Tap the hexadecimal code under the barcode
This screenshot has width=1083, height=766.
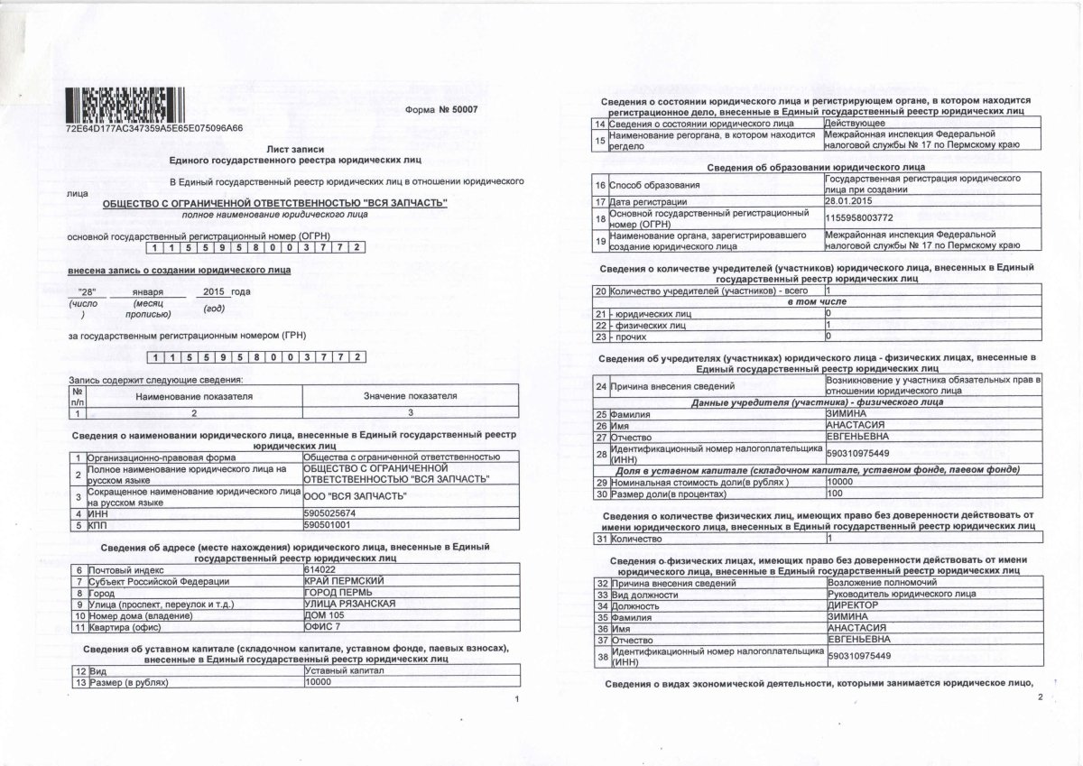point(154,128)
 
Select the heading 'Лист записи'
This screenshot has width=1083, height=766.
point(295,147)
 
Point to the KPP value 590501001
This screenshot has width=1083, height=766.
point(328,524)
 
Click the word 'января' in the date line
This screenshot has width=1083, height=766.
point(148,292)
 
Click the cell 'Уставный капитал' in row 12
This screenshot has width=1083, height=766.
point(345,671)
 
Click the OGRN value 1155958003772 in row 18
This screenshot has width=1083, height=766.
point(859,217)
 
